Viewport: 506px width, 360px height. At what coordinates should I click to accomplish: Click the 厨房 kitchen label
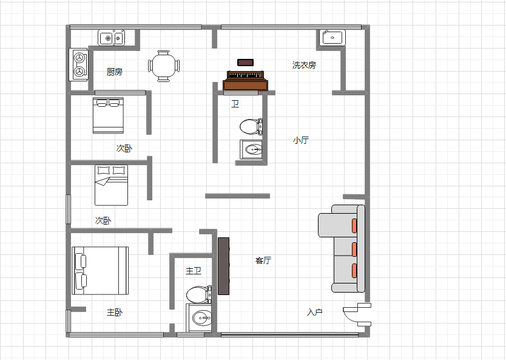[x=115, y=72]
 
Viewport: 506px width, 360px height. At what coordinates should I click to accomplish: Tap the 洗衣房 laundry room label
[x=304, y=65]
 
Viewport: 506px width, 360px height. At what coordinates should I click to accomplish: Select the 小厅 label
[x=301, y=140]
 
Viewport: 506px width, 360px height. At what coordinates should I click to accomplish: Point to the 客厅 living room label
[x=263, y=260]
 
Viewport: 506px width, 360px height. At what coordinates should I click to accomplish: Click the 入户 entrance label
[x=315, y=312]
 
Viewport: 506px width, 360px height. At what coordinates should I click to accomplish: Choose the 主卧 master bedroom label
[x=115, y=312]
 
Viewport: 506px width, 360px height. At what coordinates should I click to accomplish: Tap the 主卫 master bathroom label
[x=194, y=271]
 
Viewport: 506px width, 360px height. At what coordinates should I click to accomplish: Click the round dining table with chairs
[x=164, y=66]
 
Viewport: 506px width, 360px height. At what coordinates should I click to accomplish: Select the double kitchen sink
[x=112, y=38]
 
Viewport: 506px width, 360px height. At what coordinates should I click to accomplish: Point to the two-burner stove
[x=78, y=64]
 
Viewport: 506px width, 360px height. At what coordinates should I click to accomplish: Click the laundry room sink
[x=332, y=38]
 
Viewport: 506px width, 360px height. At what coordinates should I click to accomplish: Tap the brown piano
[x=245, y=81]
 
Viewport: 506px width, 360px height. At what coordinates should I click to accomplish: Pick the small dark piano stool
[x=245, y=63]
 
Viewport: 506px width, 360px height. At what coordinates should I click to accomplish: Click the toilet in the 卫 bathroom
[x=251, y=126]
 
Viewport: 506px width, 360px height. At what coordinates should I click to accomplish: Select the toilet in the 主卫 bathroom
[x=199, y=294]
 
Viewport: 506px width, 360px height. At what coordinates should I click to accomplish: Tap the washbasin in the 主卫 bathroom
[x=199, y=318]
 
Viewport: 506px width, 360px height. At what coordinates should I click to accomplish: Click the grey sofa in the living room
[x=342, y=249]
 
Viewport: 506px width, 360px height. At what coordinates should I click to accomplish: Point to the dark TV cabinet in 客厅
[x=224, y=266]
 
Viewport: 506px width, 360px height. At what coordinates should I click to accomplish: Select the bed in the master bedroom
[x=100, y=271]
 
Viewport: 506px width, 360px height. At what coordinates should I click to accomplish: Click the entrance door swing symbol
[x=357, y=314]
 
